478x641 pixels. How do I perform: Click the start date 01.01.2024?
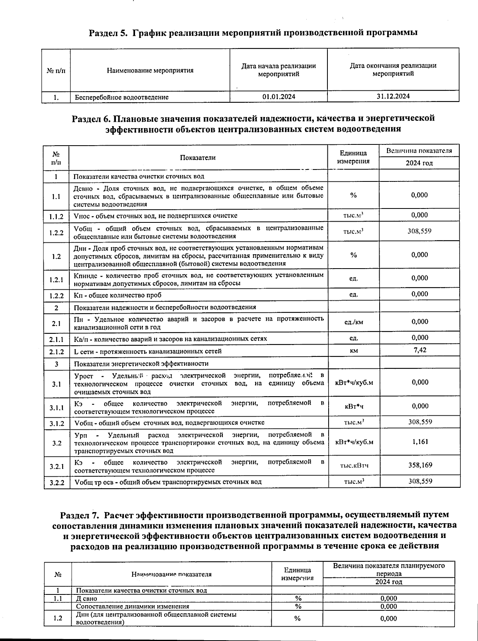pyautogui.click(x=279, y=96)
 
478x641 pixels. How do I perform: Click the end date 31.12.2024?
pyautogui.click(x=393, y=96)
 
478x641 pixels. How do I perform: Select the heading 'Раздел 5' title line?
pyautogui.click(x=253, y=33)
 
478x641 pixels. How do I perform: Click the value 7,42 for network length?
pyautogui.click(x=420, y=350)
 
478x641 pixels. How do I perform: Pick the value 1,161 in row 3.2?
pyautogui.click(x=420, y=441)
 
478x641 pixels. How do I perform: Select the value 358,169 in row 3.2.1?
pyautogui.click(x=420, y=465)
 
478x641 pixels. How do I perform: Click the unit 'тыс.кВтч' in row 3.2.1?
pyautogui.click(x=354, y=466)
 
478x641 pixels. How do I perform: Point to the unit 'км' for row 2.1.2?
pyautogui.click(x=354, y=351)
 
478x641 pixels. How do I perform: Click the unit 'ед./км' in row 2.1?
pyautogui.click(x=354, y=322)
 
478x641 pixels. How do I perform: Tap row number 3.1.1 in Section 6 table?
pyautogui.click(x=56, y=407)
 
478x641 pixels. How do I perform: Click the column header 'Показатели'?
pyautogui.click(x=198, y=158)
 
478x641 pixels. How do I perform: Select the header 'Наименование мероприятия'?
pyautogui.click(x=150, y=70)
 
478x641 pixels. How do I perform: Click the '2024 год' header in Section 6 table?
pyautogui.click(x=419, y=163)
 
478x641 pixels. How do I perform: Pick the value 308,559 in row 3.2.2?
pyautogui.click(x=420, y=481)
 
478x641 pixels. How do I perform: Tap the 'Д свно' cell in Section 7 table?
pyautogui.click(x=86, y=598)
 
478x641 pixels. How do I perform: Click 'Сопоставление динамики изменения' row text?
pyautogui.click(x=133, y=606)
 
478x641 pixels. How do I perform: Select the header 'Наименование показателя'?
pyautogui.click(x=171, y=574)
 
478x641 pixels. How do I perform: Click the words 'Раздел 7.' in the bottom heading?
pyautogui.click(x=80, y=515)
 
